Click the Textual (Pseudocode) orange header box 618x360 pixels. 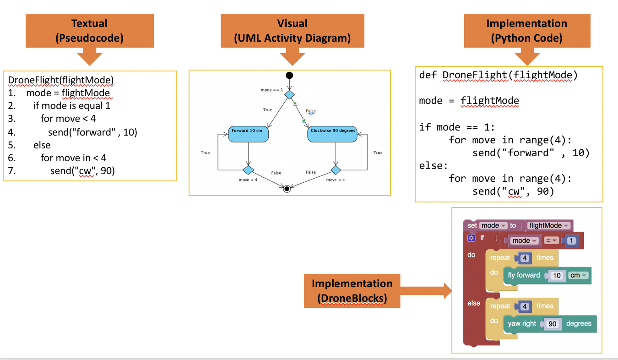point(89,31)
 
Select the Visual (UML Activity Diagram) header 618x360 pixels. point(292,31)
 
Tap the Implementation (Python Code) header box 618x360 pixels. point(526,31)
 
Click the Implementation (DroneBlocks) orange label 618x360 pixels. point(352,291)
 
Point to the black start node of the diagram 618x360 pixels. point(289,76)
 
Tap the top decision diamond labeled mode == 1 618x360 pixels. point(289,94)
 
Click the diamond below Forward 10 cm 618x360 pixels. point(248,170)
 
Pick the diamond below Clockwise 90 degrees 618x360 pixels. point(336,170)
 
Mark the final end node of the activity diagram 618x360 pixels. point(287,188)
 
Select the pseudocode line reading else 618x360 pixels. point(42,145)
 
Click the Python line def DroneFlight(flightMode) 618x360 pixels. point(498,76)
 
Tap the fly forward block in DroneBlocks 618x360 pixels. point(524,275)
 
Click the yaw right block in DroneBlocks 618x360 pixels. point(522,324)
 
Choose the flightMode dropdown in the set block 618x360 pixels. point(548,225)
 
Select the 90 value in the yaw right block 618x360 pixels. point(553,324)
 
